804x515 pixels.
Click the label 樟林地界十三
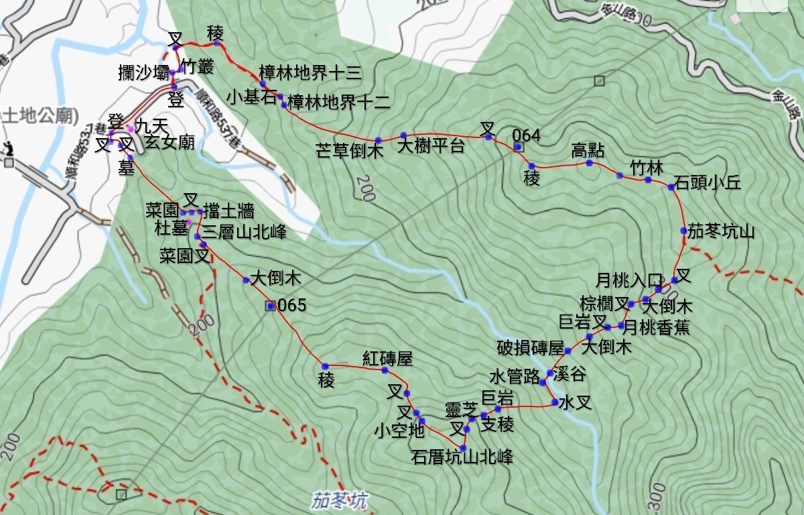coord(310,73)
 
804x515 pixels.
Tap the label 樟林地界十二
coord(338,102)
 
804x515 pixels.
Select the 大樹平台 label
coord(431,146)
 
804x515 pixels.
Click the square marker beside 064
coord(517,147)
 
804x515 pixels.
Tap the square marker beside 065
coord(270,306)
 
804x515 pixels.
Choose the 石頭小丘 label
coord(708,182)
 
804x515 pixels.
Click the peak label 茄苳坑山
coord(721,232)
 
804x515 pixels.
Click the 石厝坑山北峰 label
coord(462,458)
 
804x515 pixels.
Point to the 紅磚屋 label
coord(387,357)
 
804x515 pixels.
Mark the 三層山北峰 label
coord(244,233)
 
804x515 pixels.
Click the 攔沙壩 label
coord(143,73)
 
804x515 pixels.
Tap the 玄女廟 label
coord(170,142)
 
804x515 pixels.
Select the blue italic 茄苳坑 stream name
coord(339,500)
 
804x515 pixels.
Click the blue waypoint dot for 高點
coord(590,163)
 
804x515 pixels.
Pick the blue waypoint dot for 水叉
coord(555,402)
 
